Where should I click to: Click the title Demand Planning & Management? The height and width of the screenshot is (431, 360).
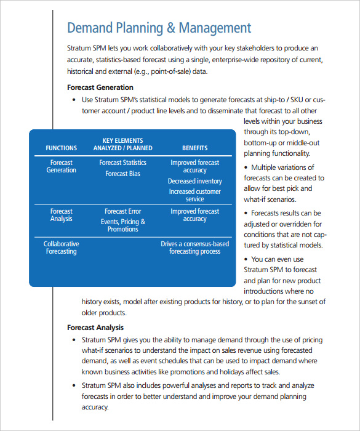pos(159,28)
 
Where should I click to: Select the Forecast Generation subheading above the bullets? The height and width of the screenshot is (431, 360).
pos(100,87)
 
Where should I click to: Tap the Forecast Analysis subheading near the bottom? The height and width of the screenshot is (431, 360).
pos(95,328)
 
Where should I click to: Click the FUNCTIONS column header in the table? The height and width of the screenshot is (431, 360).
pos(62,148)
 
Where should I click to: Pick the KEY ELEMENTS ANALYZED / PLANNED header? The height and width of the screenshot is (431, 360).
pos(122,144)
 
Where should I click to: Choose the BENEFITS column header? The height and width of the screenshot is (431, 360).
pos(194,148)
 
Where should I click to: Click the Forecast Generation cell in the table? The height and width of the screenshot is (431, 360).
pos(62,166)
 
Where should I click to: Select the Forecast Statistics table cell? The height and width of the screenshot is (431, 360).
pos(122,163)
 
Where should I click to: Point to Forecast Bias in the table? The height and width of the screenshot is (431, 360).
pos(122,174)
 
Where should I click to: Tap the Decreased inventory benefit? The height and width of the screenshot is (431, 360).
pos(194,181)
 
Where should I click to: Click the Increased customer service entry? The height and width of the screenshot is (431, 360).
pos(194,195)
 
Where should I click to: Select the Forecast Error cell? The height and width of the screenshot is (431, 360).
pos(122,211)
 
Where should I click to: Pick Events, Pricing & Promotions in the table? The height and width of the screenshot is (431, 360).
pos(122,225)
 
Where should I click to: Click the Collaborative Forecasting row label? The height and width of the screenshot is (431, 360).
pos(62,248)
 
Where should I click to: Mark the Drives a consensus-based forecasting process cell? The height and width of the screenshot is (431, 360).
pos(194,248)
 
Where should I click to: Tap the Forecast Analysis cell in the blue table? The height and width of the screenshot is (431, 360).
pos(62,215)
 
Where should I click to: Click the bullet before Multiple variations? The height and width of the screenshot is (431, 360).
pos(247,167)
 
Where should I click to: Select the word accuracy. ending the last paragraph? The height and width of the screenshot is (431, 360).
pos(95,407)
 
